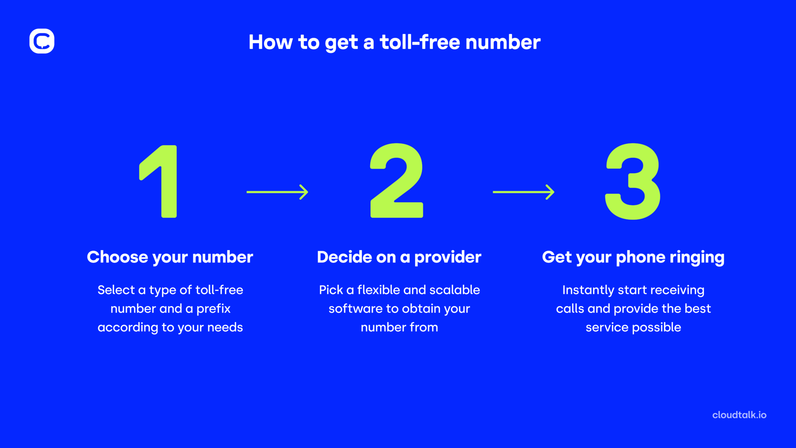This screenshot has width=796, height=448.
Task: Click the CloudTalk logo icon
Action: click(42, 41)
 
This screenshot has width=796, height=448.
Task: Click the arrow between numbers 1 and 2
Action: click(277, 192)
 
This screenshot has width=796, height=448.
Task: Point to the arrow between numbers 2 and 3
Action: click(523, 192)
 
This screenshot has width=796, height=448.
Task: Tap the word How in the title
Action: click(271, 42)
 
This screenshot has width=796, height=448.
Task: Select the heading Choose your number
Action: click(170, 257)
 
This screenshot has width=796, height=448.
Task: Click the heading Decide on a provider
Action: click(399, 257)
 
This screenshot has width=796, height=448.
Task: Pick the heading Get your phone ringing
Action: click(633, 257)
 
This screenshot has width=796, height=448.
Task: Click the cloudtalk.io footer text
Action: click(739, 415)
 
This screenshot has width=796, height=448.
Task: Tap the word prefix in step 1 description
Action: click(213, 309)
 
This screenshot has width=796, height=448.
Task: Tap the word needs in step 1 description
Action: click(225, 327)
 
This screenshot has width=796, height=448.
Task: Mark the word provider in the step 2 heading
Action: click(448, 257)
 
